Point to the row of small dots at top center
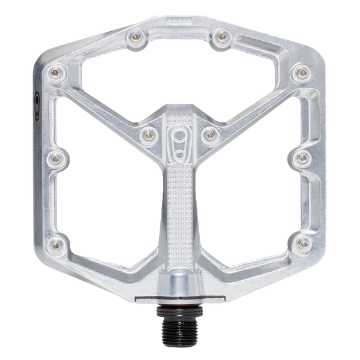(180, 19)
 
